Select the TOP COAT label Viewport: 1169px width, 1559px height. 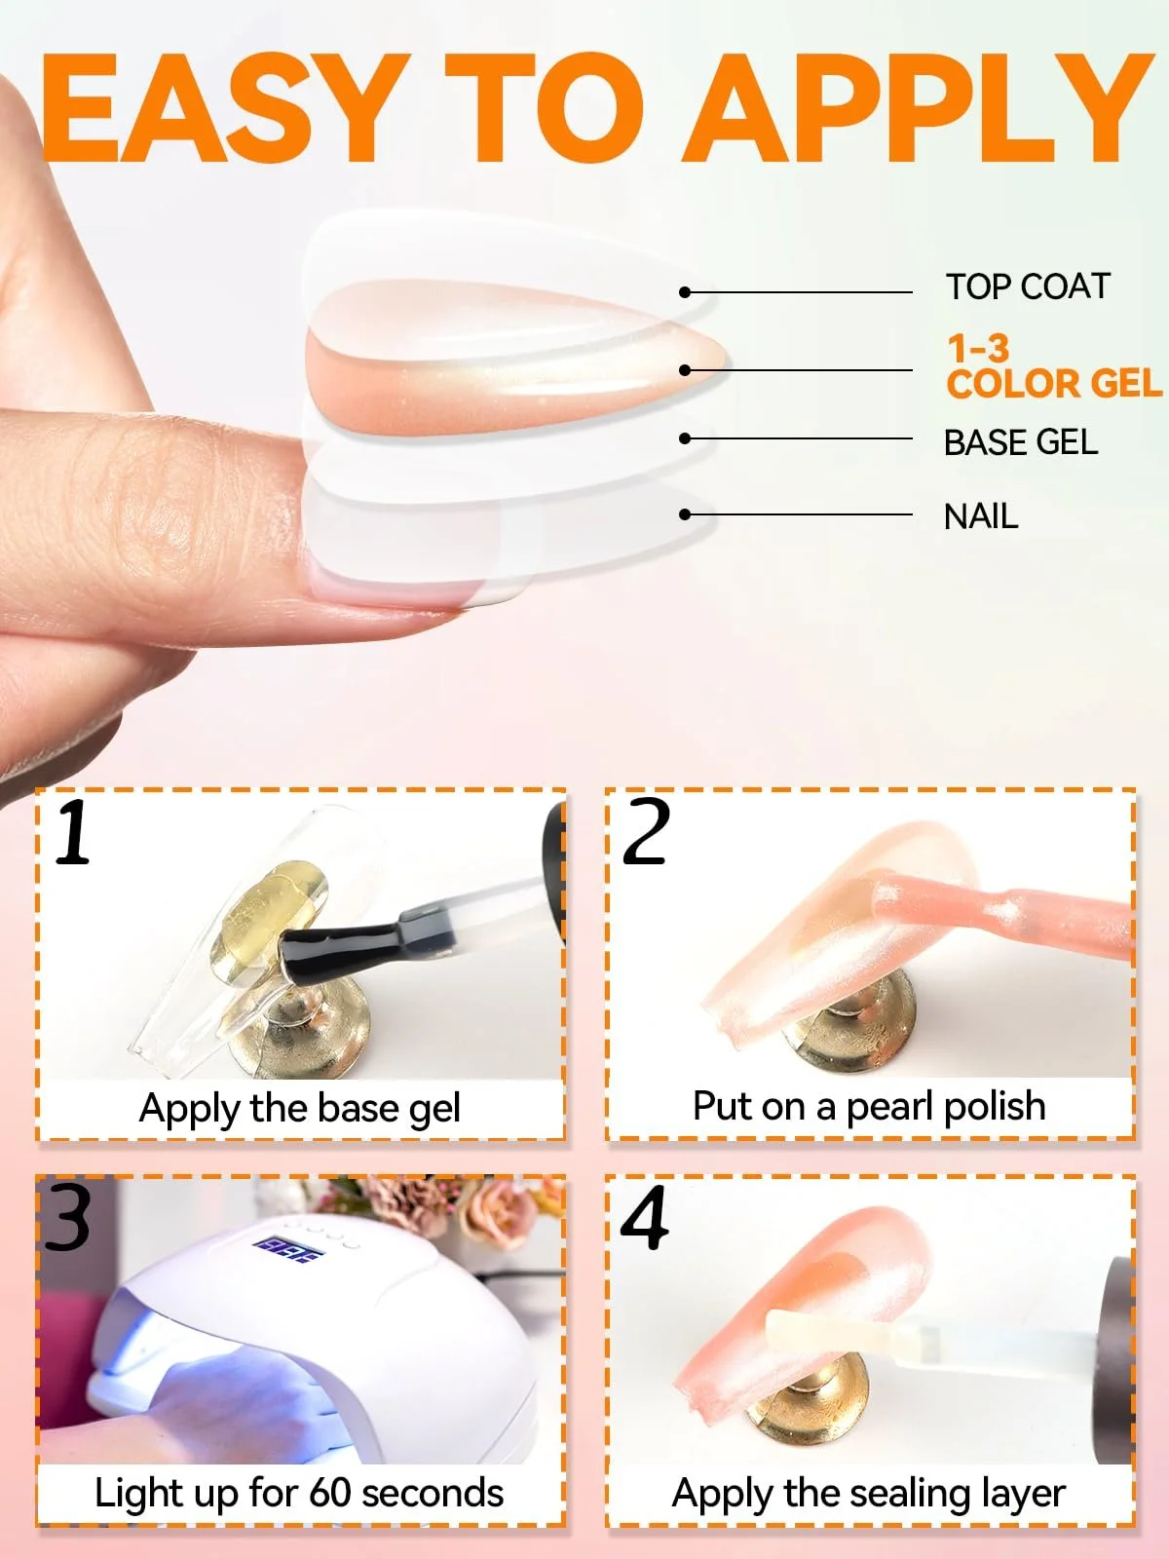[1028, 286]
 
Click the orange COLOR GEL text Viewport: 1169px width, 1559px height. [1054, 384]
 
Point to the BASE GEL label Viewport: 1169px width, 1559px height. [1021, 442]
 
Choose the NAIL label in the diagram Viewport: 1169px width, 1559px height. [981, 516]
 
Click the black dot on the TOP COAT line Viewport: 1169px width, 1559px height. [685, 292]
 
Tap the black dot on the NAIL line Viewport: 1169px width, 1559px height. [685, 513]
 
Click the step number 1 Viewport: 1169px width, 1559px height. [73, 831]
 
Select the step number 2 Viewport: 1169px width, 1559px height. [645, 831]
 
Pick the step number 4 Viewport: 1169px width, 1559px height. [645, 1217]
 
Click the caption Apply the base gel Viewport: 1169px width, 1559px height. [299, 1110]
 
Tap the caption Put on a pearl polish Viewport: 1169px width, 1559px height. [869, 1107]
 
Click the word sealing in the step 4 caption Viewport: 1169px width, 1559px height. [902, 1495]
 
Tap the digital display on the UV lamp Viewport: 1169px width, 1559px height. [288, 1250]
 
